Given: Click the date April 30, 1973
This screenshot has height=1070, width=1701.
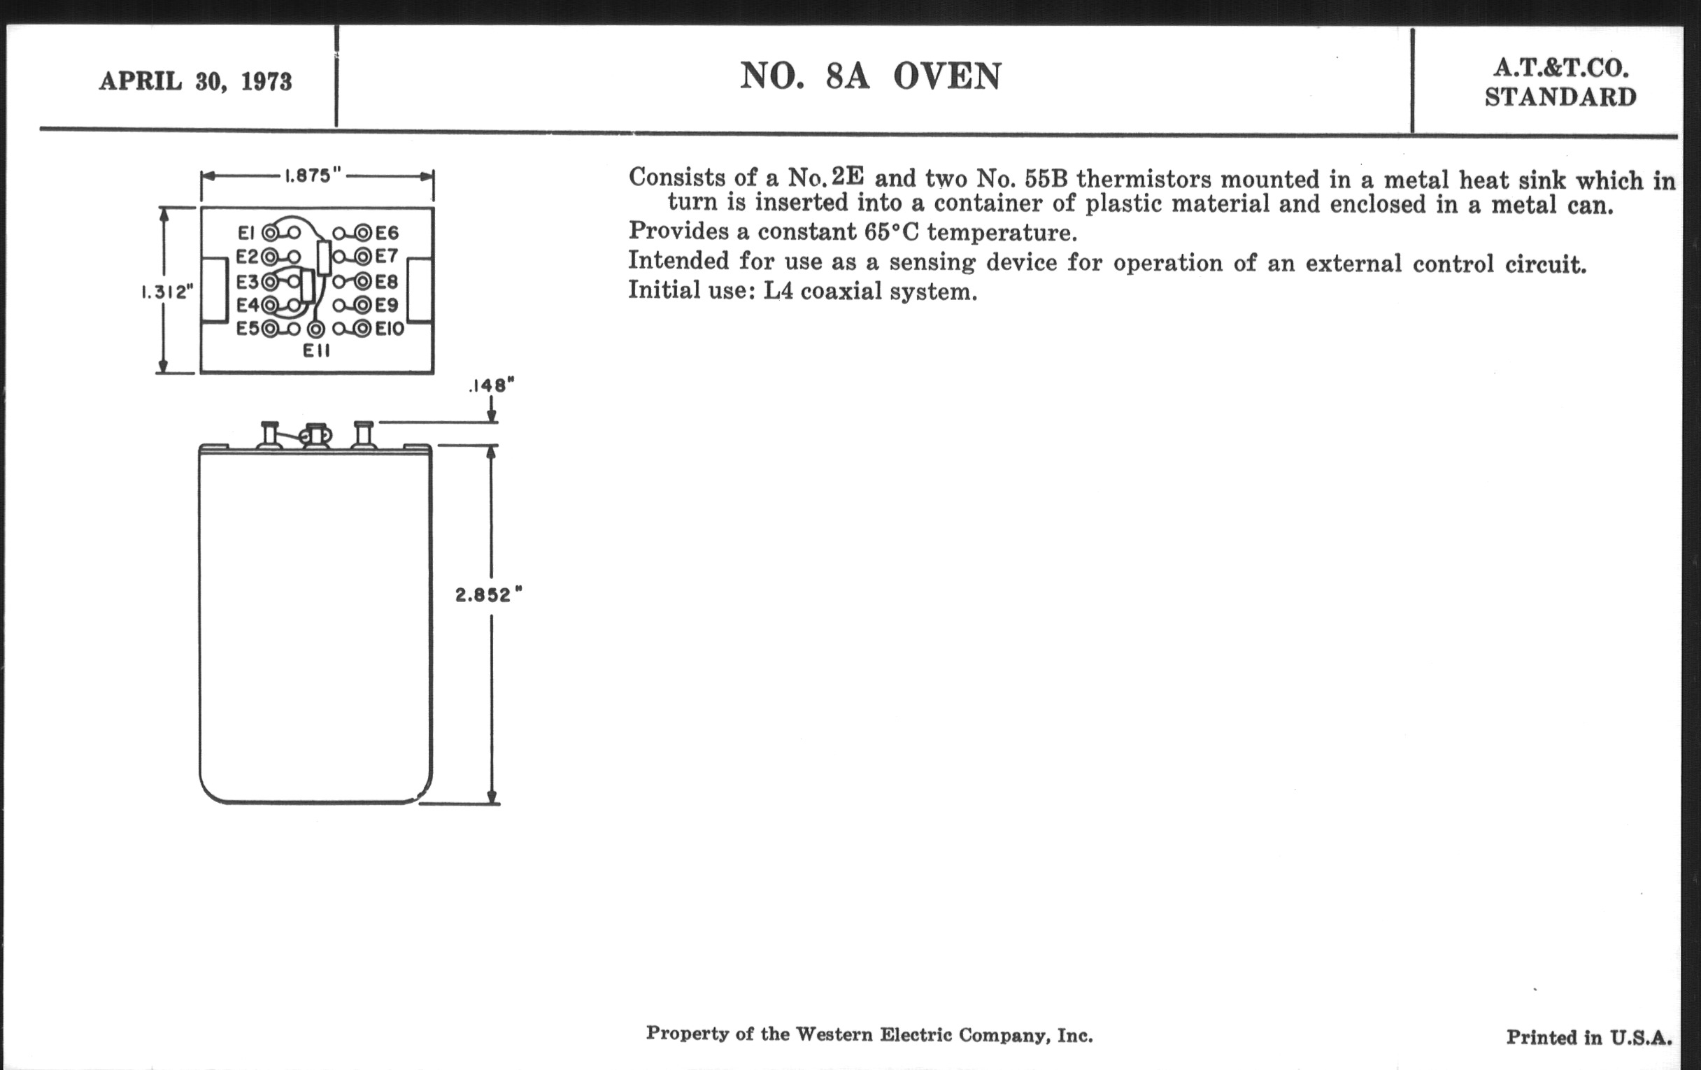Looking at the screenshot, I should coord(195,81).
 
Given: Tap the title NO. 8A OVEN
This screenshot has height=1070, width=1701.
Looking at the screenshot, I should coord(870,76).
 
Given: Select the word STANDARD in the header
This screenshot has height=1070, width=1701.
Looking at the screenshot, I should coord(1560,97).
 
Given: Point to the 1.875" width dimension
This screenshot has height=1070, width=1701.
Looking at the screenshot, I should coord(313,176).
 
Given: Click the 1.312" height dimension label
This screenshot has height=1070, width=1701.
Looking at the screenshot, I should coord(167,292).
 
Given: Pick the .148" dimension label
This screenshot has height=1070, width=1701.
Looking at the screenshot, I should coord(492,385).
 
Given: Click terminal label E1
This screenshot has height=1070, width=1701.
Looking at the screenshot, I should coord(245,232).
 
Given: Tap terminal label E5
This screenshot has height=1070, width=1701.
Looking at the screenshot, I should coord(247,329).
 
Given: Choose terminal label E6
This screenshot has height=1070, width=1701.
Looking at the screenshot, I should coord(387,232).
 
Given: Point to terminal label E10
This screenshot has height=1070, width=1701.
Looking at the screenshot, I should coord(390,329).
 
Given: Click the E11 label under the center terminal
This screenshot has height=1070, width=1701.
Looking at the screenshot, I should coord(316,350).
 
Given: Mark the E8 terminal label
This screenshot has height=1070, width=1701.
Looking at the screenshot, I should coord(387,282).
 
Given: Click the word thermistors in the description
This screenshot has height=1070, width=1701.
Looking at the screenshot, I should coord(1144,180).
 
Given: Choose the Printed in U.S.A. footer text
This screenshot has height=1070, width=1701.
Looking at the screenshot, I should coord(1588,1038).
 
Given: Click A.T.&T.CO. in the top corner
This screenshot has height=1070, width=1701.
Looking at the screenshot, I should coord(1560,69).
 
